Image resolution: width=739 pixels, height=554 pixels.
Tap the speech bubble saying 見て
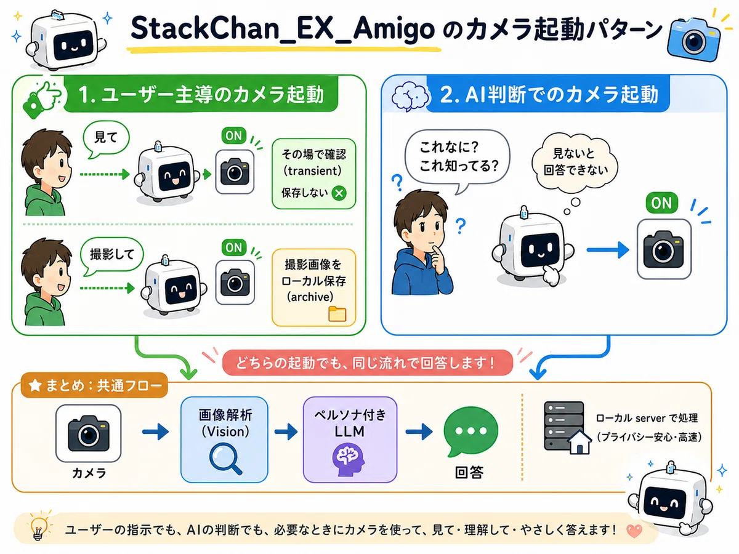tap(106, 138)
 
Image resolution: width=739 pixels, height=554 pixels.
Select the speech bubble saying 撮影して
tap(111, 255)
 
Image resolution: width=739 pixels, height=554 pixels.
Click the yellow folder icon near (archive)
tap(337, 314)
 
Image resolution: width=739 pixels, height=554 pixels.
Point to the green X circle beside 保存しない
tap(339, 193)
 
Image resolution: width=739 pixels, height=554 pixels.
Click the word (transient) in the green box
tap(312, 171)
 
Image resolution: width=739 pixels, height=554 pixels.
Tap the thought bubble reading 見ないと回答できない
tap(575, 163)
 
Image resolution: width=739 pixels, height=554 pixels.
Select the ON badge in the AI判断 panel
tap(661, 203)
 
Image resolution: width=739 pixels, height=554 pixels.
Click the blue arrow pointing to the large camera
tap(607, 251)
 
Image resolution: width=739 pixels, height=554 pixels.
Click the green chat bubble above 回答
tap(470, 432)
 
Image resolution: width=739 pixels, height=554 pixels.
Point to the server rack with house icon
tap(567, 427)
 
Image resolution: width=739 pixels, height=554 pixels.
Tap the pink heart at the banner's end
tap(634, 531)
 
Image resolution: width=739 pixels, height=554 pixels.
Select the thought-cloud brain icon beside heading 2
tap(411, 95)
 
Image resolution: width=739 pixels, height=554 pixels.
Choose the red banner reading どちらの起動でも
tap(367, 363)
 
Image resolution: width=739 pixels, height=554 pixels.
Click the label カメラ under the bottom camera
tap(89, 473)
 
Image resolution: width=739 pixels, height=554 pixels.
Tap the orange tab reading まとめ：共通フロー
tap(94, 385)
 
